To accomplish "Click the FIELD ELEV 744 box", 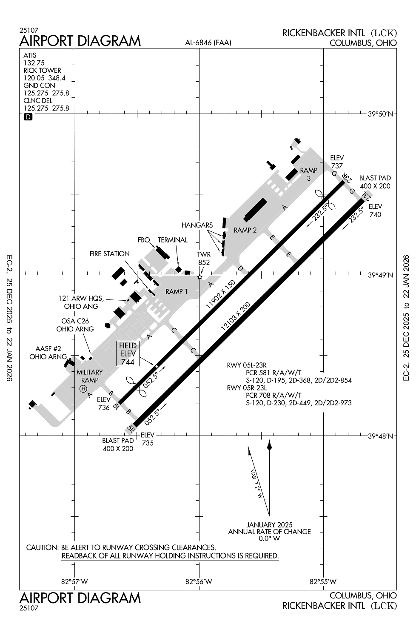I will pos(128,353).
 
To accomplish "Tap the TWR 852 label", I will pos(204,258).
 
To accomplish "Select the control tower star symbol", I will pos(200,277).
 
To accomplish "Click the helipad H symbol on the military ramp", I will pos(83,388).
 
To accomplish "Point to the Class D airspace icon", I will pos(28,117).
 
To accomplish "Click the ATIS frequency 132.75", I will pos(34,63).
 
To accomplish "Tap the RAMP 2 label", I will pos(245,230).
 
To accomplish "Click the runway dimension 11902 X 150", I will pos(220,295).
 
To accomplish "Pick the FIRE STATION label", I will pos(109,254).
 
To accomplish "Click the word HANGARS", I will pos(197,225).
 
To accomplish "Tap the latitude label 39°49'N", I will pos(381,275).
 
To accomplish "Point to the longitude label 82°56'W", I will pos(199,581).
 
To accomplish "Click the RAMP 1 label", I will pos(177,291).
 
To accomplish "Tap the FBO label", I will pos(144,240).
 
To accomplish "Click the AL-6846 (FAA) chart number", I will pos(208,43).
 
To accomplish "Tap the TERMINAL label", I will pos(173,240).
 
